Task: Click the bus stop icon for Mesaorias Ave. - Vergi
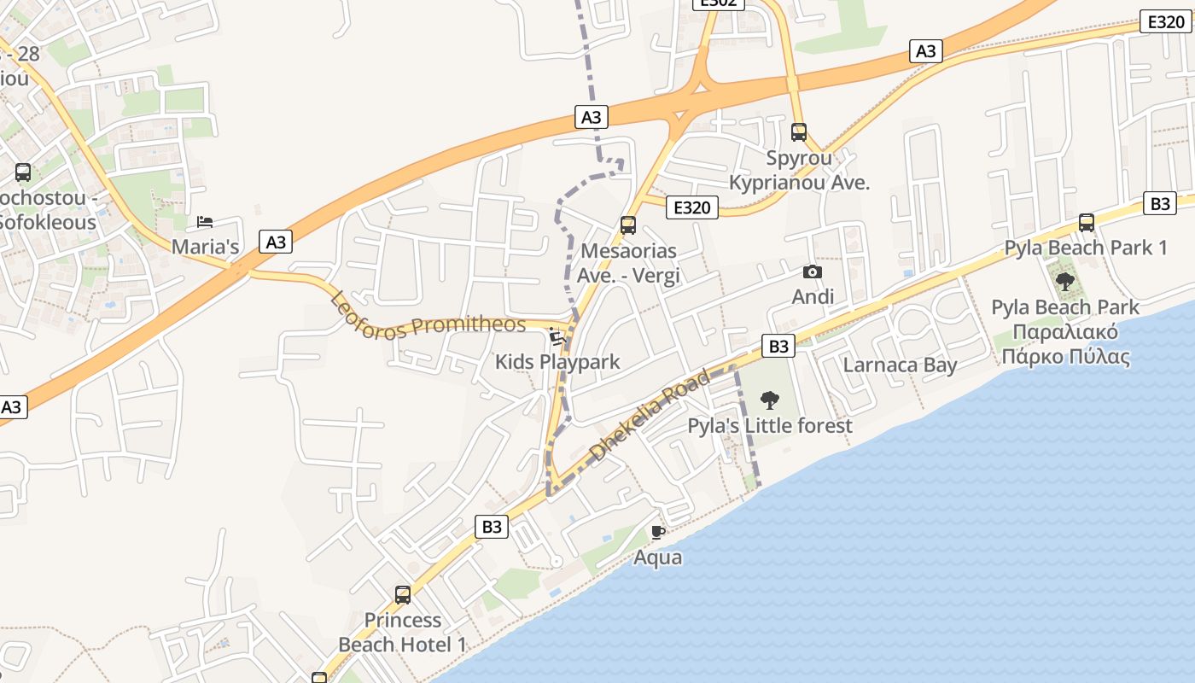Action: pyautogui.click(x=628, y=225)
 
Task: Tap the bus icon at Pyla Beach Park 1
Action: pyautogui.click(x=1087, y=223)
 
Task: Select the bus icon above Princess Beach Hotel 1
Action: pyautogui.click(x=403, y=594)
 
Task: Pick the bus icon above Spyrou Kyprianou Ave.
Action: pyautogui.click(x=799, y=132)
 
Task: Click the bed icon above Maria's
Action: pyautogui.click(x=205, y=222)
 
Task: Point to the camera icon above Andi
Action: pyautogui.click(x=813, y=272)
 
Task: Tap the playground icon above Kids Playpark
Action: pyautogui.click(x=557, y=336)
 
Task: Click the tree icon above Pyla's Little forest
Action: pyautogui.click(x=770, y=400)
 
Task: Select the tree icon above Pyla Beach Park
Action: pyautogui.click(x=1064, y=281)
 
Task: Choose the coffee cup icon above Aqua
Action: pyautogui.click(x=657, y=532)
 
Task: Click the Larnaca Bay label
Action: pyautogui.click(x=900, y=365)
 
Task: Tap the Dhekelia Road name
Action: pyautogui.click(x=650, y=416)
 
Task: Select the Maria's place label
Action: pyautogui.click(x=205, y=248)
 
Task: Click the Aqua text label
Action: pyautogui.click(x=657, y=557)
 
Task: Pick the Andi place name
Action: pyautogui.click(x=813, y=297)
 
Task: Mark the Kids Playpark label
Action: pyautogui.click(x=557, y=362)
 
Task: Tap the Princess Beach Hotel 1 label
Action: pyautogui.click(x=403, y=632)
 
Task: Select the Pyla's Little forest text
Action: pyautogui.click(x=770, y=425)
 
